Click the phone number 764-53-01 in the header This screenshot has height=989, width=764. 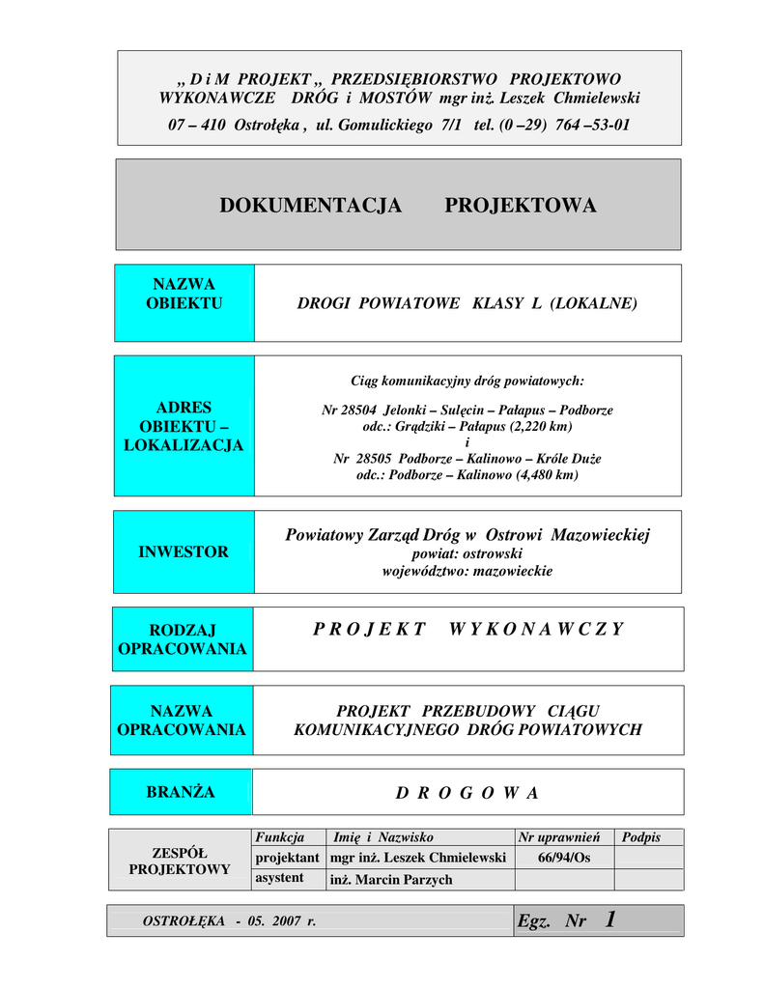pos(592,125)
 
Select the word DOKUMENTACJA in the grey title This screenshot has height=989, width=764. pos(310,206)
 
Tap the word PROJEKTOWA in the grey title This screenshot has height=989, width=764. pos(520,206)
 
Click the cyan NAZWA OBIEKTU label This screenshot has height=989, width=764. pos(184,294)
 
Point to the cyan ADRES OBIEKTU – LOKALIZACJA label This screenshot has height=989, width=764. pos(184,426)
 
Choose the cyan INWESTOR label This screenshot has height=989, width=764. pos(184,552)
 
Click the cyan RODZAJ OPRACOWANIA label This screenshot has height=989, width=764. pos(183,639)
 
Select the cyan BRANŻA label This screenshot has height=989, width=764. pos(181,792)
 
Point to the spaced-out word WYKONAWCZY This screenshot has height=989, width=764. pos(536,630)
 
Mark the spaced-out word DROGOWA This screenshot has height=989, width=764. pos(467,794)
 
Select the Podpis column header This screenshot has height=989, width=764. pos(641,837)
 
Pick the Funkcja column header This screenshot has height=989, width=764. pos(279,837)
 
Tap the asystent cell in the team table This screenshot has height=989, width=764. pos(279,878)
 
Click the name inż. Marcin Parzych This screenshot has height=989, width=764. pos(391,880)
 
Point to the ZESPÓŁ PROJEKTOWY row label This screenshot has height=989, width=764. pos(180,861)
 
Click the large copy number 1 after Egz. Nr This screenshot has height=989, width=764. pos(609,919)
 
